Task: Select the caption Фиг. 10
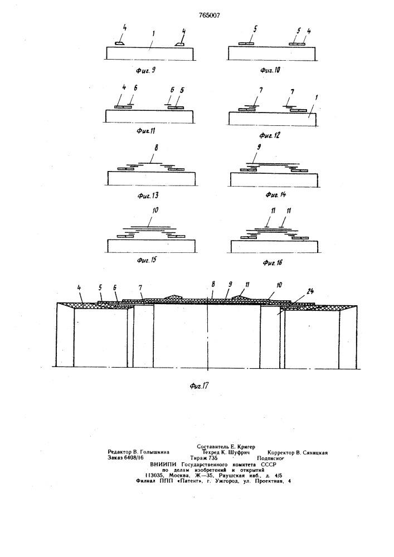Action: [x=270, y=70]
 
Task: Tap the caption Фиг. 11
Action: [x=145, y=131]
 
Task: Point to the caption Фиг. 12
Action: [x=270, y=135]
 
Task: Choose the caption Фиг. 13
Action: [x=148, y=196]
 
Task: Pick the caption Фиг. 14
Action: [x=276, y=194]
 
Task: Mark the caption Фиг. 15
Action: [x=147, y=260]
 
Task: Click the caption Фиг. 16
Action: [x=273, y=262]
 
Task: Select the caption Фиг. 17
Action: [x=198, y=386]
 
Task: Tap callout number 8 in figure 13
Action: [x=157, y=148]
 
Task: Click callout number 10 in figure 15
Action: [x=155, y=211]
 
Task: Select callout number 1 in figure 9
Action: [x=153, y=34]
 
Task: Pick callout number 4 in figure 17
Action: [x=79, y=287]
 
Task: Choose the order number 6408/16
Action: [x=133, y=458]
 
